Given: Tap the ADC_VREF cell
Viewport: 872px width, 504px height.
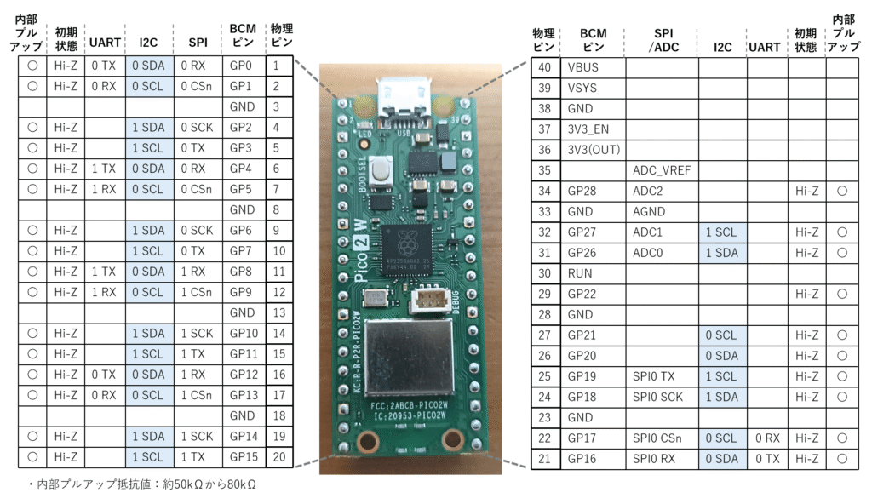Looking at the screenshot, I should (662, 170).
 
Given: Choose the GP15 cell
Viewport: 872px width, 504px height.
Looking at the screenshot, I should (243, 457).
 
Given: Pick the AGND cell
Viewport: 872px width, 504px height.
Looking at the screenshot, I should (662, 212).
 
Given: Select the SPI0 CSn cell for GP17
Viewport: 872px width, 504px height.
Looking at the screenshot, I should (662, 438).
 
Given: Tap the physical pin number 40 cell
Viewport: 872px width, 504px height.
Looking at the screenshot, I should (544, 67).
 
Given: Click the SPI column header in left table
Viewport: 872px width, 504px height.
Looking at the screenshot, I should (198, 42).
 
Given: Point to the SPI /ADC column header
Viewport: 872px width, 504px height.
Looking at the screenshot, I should (662, 42).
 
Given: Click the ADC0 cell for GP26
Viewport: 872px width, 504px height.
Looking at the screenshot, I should (662, 253).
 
